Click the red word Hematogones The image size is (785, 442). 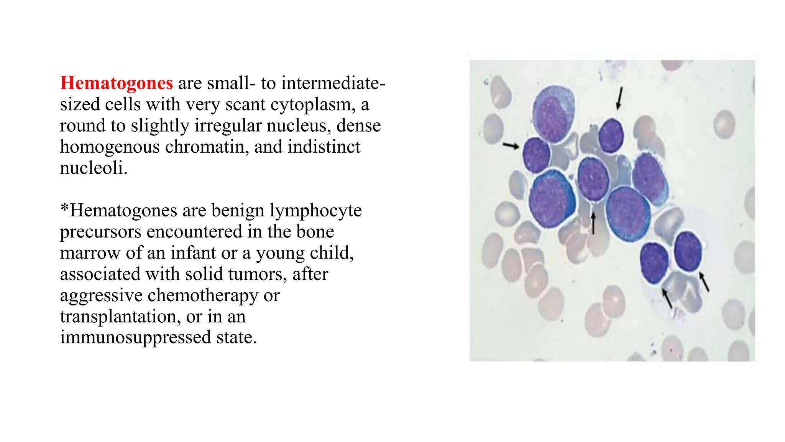tap(117, 83)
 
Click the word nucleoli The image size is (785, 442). tap(93, 168)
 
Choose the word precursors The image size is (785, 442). tap(100, 232)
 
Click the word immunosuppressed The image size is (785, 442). tap(135, 337)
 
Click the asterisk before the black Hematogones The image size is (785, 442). tap(64, 208)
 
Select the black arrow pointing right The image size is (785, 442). tap(511, 145)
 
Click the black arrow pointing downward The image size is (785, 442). tap(619, 98)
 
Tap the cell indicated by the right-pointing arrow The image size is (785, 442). tap(536, 155)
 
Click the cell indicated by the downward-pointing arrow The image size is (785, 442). tap(611, 136)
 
